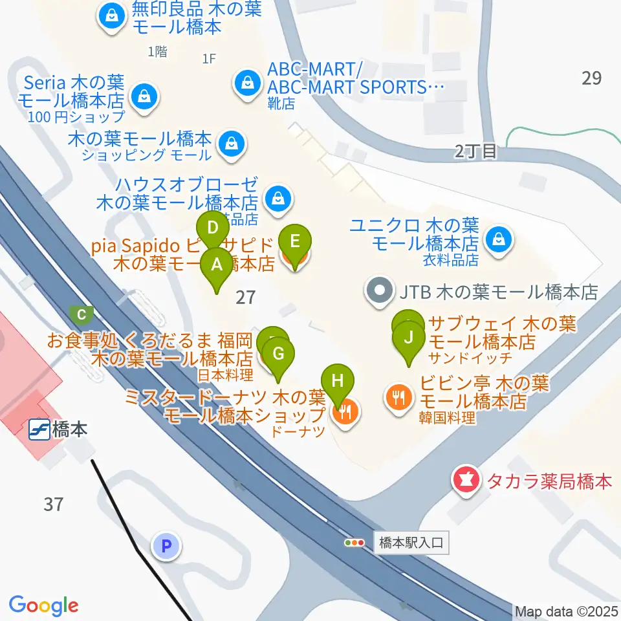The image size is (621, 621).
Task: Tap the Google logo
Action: [43, 605]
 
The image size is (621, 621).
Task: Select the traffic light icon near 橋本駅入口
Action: [354, 543]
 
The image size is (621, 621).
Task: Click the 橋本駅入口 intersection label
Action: [411, 543]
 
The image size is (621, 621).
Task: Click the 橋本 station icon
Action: [39, 430]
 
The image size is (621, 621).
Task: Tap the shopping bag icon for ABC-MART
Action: [246, 82]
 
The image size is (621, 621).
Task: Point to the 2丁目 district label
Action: [475, 152]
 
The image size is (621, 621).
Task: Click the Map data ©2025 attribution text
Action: [566, 611]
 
